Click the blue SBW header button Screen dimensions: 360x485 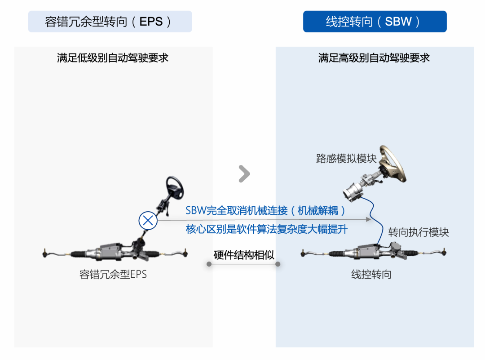pyautogui.click(x=375, y=22)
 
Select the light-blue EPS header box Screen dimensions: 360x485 pyautogui.click(x=110, y=22)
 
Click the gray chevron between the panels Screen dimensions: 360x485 pyautogui.click(x=244, y=173)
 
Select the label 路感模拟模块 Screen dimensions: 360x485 pyautogui.click(x=346, y=159)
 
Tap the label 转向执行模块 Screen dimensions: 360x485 pyautogui.click(x=418, y=232)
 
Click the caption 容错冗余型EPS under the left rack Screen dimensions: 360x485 pyautogui.click(x=113, y=274)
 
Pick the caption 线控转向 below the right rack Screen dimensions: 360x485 pyautogui.click(x=371, y=274)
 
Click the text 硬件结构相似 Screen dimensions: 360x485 pyautogui.click(x=244, y=255)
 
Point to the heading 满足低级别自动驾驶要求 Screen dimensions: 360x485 pyautogui.click(x=113, y=58)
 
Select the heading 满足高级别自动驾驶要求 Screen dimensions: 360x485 pyautogui.click(x=374, y=58)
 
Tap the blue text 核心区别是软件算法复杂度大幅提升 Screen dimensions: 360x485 pyautogui.click(x=267, y=229)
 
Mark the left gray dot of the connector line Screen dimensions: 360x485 pyautogui.click(x=209, y=264)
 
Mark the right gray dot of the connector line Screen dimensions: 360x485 pyautogui.click(x=278, y=264)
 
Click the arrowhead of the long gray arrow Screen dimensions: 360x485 pyautogui.click(x=369, y=219)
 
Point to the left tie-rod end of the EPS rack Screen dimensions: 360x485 pyautogui.click(x=45, y=253)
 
